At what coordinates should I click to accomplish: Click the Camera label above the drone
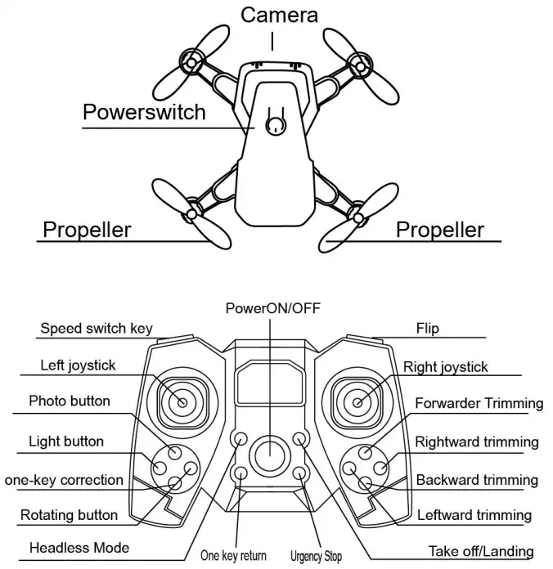click(x=279, y=15)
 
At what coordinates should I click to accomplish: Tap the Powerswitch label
click(x=144, y=111)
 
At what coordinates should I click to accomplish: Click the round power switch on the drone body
click(x=276, y=124)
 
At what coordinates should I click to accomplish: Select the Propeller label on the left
click(x=86, y=230)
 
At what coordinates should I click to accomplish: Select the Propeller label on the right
click(x=439, y=230)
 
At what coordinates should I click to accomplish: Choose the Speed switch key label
click(x=96, y=329)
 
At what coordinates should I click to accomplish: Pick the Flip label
click(x=427, y=329)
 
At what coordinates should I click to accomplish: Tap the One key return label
click(x=234, y=555)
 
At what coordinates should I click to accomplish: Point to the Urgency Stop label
click(x=316, y=556)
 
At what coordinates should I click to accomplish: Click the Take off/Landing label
click(x=481, y=552)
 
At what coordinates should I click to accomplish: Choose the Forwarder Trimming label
click(x=479, y=403)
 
